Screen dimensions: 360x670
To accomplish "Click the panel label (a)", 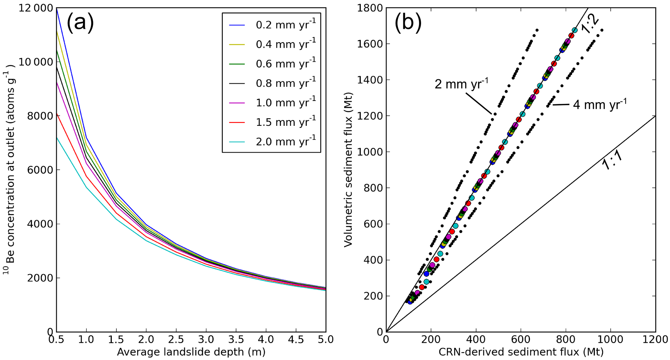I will [x=80, y=23].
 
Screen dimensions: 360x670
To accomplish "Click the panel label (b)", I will [x=408, y=23].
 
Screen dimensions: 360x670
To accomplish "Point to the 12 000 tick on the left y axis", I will [x=35, y=8].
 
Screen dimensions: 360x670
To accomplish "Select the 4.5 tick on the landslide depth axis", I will [x=296, y=340].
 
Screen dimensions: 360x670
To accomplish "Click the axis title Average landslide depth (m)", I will [x=191, y=352].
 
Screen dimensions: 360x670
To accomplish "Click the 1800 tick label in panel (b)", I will [x=369, y=8].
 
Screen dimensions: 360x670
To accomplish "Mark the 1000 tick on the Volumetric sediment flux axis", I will [x=369, y=152].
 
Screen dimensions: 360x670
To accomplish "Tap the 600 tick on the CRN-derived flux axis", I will [x=521, y=340].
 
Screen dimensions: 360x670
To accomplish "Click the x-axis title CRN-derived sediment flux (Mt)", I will [x=521, y=352].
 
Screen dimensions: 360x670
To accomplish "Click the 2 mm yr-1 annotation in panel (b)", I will [x=461, y=84].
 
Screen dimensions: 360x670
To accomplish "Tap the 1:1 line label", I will [x=612, y=160].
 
